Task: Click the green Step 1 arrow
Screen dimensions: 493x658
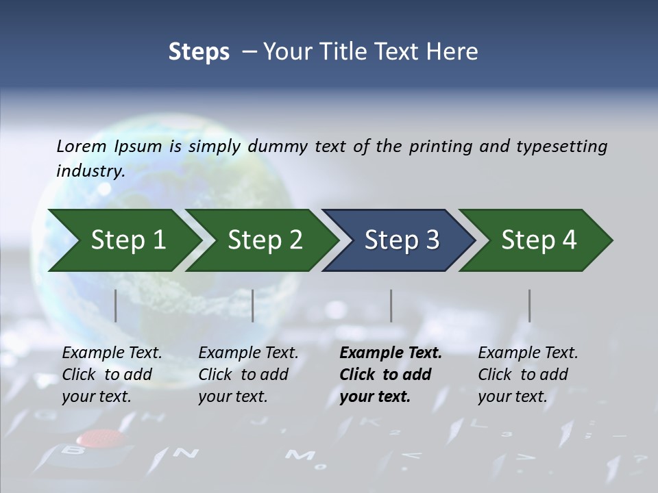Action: [x=123, y=240]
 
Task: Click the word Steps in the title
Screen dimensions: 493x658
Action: [x=199, y=51]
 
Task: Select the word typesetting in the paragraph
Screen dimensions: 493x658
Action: [x=561, y=147]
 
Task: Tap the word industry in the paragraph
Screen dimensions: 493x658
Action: [x=90, y=171]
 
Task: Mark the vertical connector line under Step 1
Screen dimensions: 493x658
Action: [x=116, y=305]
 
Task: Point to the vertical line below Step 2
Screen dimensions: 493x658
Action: [x=253, y=305]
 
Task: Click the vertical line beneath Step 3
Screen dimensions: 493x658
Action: [x=391, y=305]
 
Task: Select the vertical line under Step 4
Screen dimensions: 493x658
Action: [x=530, y=305]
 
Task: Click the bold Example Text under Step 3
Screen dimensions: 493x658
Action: [x=391, y=353]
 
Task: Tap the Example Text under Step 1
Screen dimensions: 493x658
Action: [x=112, y=353]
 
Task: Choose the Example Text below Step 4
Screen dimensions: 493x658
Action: [x=528, y=353]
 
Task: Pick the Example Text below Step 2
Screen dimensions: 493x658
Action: [x=248, y=353]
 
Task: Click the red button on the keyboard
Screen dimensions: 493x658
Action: [x=97, y=438]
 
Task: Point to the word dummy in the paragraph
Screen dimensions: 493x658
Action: [x=278, y=147]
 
